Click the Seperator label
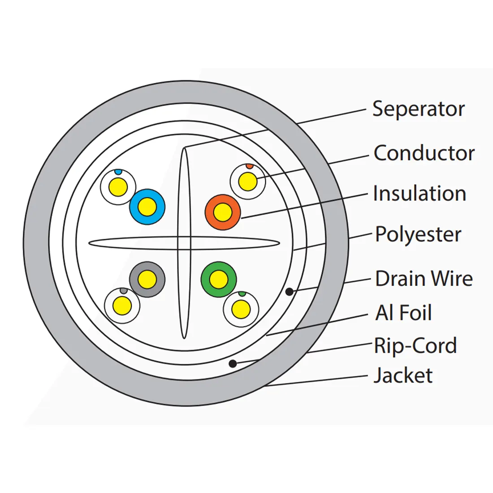pyautogui.click(x=418, y=109)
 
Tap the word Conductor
pyautogui.click(x=424, y=153)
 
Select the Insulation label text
pyautogui.click(x=419, y=194)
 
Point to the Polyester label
pyautogui.click(x=418, y=234)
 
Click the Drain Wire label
pyautogui.click(x=424, y=278)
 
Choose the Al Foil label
pyautogui.click(x=403, y=313)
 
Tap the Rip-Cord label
pyautogui.click(x=415, y=346)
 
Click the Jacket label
pyautogui.click(x=403, y=376)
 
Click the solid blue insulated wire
pyautogui.click(x=147, y=207)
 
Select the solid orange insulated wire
pyautogui.click(x=223, y=212)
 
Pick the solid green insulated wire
pyautogui.click(x=218, y=279)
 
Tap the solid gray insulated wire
pyautogui.click(x=147, y=280)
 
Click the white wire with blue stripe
pyautogui.click(x=118, y=186)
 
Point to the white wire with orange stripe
pyautogui.click(x=247, y=182)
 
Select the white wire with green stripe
pyautogui.click(x=241, y=309)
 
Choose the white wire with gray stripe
pyautogui.click(x=122, y=306)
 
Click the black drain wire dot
pyautogui.click(x=290, y=292)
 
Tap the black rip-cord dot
pyautogui.click(x=233, y=363)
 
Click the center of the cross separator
pyautogui.click(x=184, y=243)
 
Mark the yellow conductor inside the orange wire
pyautogui.click(x=223, y=212)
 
